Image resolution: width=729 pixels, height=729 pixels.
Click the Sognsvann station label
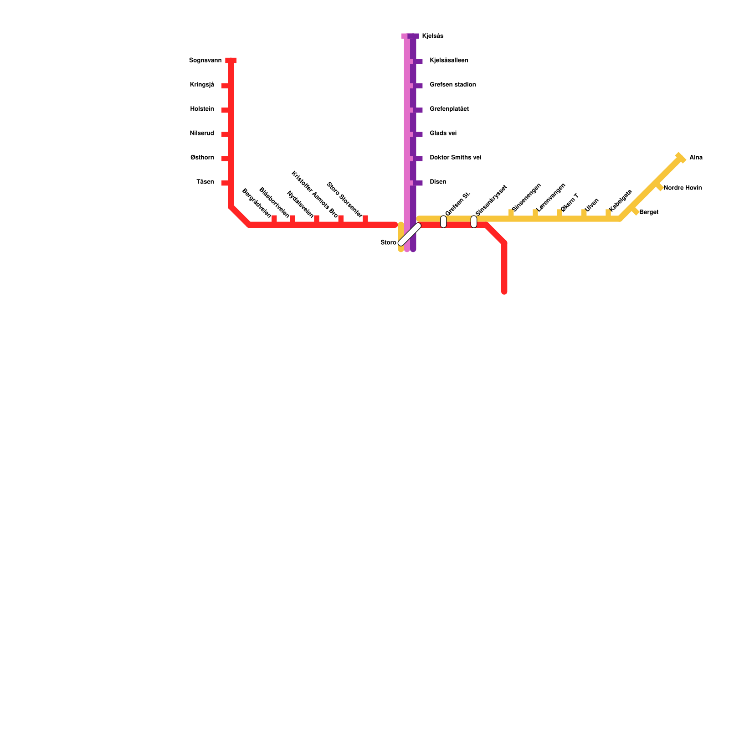pos(205,61)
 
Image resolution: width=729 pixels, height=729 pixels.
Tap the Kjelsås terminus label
pos(432,36)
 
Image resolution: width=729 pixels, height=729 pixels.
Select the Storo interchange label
pos(388,242)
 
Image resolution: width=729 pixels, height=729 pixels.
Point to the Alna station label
pos(696,158)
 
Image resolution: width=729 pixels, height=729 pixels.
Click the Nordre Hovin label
pos(683,188)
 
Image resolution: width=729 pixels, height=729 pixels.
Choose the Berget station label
pos(649,212)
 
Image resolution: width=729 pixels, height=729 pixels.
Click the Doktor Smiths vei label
pos(455,158)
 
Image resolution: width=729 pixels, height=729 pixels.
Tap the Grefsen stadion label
pos(452,85)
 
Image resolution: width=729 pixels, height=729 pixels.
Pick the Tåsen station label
pos(205,182)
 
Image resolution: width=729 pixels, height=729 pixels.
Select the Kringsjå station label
pos(202,85)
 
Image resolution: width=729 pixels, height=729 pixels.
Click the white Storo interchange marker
pos(409,234)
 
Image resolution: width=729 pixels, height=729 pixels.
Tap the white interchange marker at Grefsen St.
pos(443,222)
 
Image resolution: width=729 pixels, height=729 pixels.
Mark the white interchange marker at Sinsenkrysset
pos(474,222)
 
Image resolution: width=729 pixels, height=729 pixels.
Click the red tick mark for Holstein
pos(225,110)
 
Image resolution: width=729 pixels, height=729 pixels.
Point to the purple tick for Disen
pos(418,183)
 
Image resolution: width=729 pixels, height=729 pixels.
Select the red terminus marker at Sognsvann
pos(231,61)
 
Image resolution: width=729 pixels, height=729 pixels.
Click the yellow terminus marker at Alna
pos(680,158)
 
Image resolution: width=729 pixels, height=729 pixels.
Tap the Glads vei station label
pos(443,133)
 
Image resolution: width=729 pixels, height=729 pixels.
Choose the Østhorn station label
pos(202,158)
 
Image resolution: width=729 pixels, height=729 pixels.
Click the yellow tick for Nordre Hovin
pos(659,186)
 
